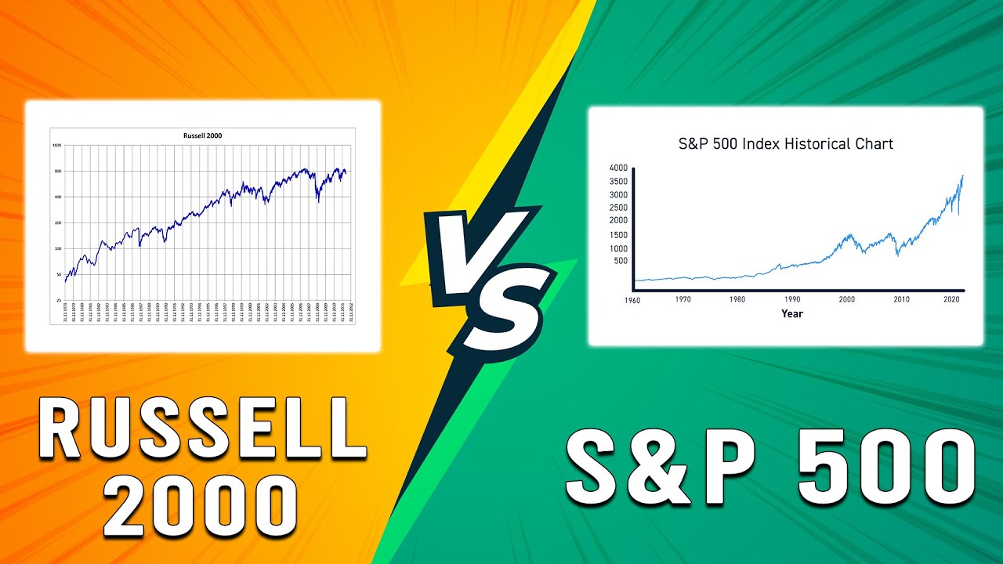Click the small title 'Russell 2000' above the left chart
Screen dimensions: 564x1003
tap(202, 136)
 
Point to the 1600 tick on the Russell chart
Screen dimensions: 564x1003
tap(56, 145)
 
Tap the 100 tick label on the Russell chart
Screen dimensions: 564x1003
tap(57, 248)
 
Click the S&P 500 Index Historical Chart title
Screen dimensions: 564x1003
tap(785, 144)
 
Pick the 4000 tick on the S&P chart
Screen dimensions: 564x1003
tap(618, 168)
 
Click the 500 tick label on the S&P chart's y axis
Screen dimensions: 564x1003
tap(621, 261)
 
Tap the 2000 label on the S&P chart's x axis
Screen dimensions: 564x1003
tap(846, 299)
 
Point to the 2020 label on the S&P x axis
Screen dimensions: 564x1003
tap(953, 299)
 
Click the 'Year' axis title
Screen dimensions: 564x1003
tap(791, 313)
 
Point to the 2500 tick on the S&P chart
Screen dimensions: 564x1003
tap(618, 207)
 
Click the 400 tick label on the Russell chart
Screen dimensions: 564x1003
tap(57, 197)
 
